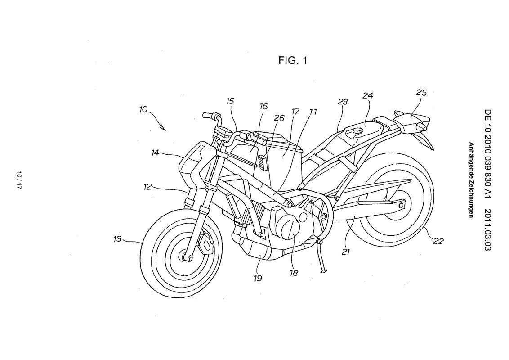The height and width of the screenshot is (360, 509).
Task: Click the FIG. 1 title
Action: pos(293,60)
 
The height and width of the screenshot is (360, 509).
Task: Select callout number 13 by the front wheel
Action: pos(118,239)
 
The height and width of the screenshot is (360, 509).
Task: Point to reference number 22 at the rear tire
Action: pos(438,241)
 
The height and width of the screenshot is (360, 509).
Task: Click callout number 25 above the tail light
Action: pos(421,93)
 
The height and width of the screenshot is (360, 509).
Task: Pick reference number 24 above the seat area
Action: pos(368,96)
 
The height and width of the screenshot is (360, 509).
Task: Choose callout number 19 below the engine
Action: pos(257,278)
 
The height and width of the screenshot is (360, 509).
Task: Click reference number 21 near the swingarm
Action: pos(345,252)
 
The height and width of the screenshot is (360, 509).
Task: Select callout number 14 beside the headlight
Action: pos(155,153)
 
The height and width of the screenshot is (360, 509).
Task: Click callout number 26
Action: pos(279,118)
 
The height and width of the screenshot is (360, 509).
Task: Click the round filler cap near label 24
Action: pos(358,130)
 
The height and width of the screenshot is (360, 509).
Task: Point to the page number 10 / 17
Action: pos(18,180)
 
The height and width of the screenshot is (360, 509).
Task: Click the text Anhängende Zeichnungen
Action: pos(470,180)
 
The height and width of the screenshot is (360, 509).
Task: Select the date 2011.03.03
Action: pos(488,229)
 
